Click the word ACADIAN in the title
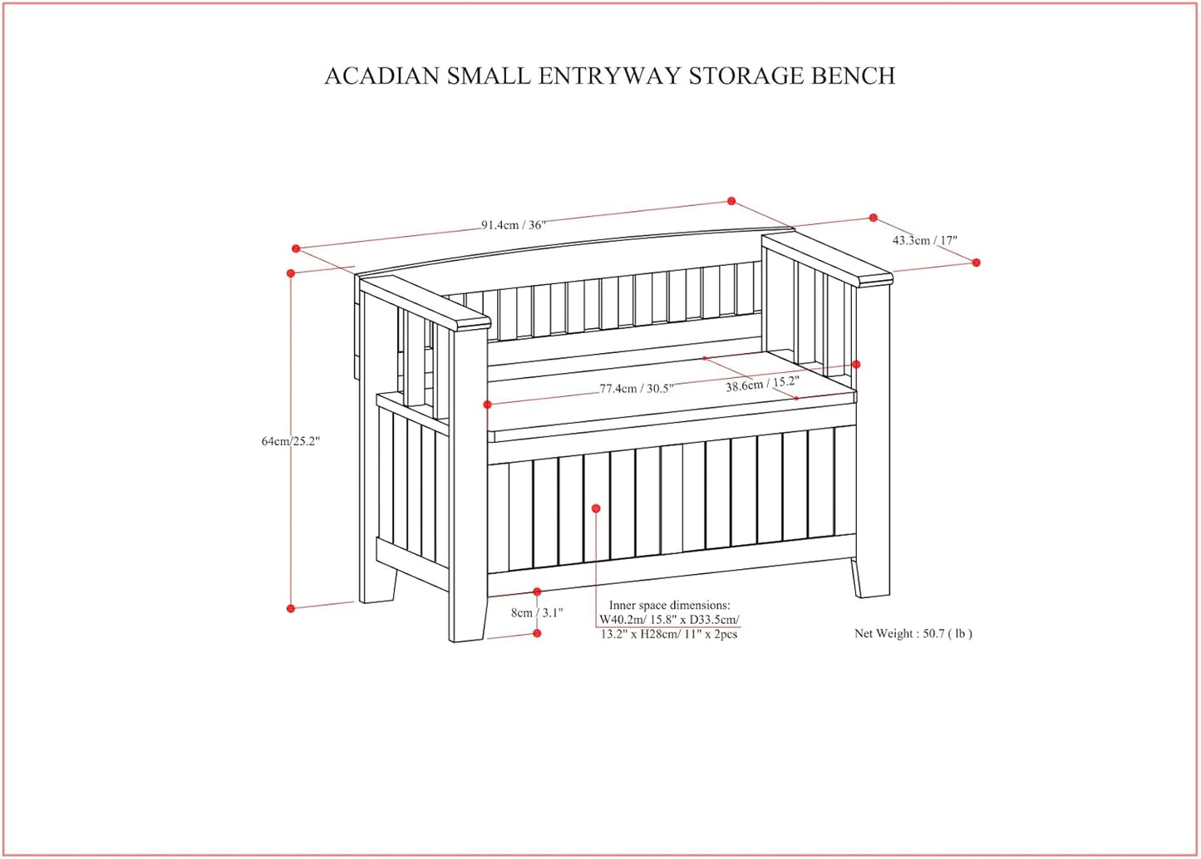382,76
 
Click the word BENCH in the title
853,76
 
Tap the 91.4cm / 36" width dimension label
513,225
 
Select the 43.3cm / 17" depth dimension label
924,241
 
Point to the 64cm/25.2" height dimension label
291,441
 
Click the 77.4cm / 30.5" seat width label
637,389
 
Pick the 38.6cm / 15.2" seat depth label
762,385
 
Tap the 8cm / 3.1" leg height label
537,612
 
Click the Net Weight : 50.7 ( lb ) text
913,633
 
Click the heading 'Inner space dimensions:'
669,605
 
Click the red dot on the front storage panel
596,508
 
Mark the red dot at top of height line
291,273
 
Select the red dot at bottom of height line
291,608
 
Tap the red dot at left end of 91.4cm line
295,248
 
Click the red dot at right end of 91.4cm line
731,201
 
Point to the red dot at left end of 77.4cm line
487,404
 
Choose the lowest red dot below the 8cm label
537,633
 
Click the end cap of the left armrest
472,324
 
